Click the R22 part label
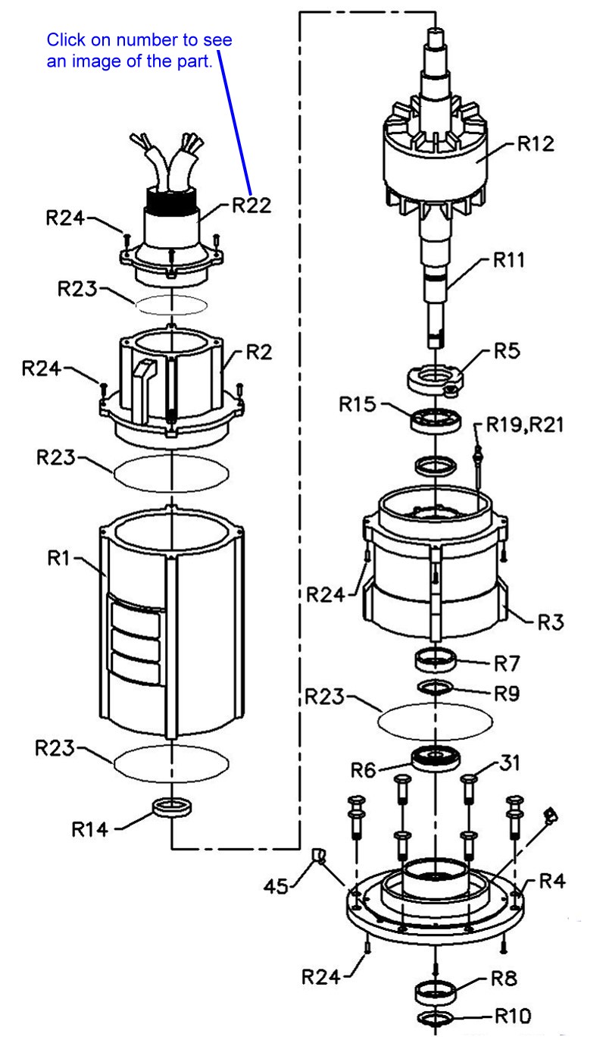251,205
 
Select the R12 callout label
536,144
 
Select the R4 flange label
552,882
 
